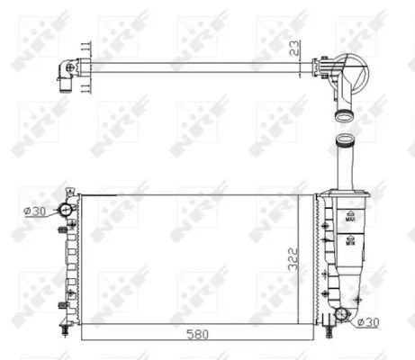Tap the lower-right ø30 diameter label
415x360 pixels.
point(369,320)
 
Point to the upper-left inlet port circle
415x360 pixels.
point(66,211)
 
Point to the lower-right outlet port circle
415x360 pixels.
point(341,315)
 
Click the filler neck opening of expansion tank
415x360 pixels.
point(346,139)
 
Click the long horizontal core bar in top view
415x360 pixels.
point(198,67)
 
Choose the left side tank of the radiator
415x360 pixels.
point(72,261)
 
